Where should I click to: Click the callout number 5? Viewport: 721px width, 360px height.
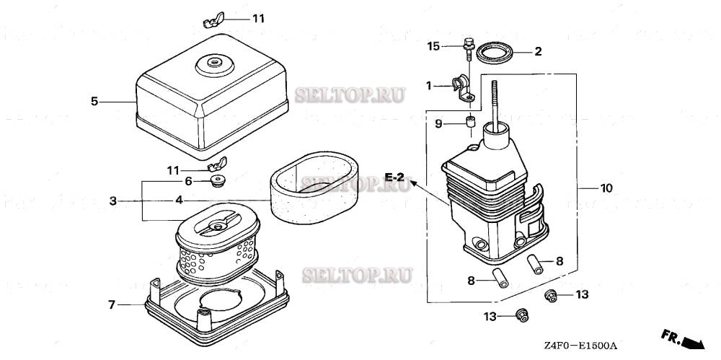pos(94,102)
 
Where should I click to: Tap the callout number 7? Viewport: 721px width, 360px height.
pos(112,305)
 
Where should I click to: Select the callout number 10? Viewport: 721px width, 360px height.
pos(606,188)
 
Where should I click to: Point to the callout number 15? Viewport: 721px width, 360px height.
pos(433,46)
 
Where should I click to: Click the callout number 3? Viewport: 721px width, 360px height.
pos(113,201)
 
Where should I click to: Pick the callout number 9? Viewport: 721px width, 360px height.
pos(438,123)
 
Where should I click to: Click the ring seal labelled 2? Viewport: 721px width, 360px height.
pos(497,52)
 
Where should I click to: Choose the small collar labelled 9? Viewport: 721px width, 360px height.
pos(469,123)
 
